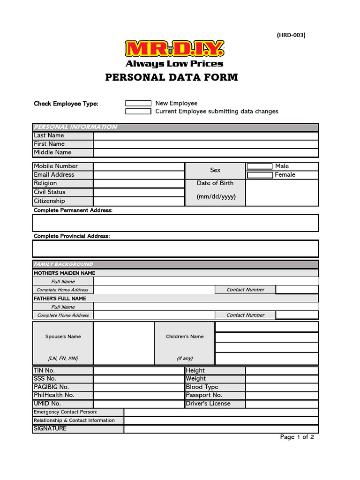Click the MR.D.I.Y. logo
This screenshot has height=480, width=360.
(x=174, y=49)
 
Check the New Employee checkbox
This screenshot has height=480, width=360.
(x=138, y=103)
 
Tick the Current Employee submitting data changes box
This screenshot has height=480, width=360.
(x=138, y=112)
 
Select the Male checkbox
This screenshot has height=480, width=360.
(x=260, y=166)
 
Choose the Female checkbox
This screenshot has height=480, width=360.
(x=260, y=175)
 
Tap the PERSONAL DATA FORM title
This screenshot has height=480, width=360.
(x=172, y=77)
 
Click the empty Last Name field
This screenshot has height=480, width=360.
(x=205, y=136)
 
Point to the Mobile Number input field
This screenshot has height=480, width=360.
(x=139, y=166)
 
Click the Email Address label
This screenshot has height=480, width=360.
(x=54, y=175)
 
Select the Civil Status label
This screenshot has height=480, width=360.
(x=50, y=192)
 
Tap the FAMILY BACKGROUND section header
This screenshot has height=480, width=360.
(x=63, y=264)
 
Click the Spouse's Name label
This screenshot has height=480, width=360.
(x=63, y=337)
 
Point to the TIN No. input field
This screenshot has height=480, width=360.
(x=139, y=371)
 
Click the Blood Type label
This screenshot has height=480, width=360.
(x=202, y=387)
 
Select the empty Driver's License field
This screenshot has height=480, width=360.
(x=281, y=404)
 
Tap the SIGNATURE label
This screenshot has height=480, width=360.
(x=50, y=428)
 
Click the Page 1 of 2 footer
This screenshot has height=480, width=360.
(x=297, y=437)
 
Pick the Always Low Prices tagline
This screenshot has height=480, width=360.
(x=174, y=64)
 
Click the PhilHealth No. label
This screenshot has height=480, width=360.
(x=54, y=395)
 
